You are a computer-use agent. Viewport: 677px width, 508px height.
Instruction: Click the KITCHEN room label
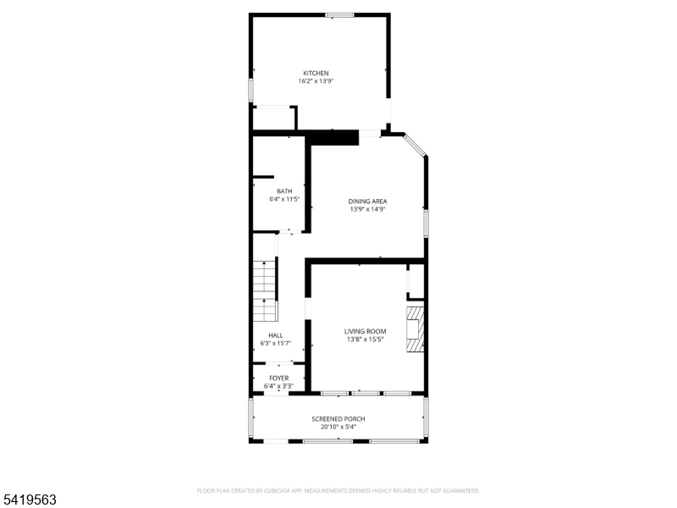pos(316,74)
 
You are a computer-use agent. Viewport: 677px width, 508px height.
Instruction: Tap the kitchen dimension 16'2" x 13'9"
pos(316,81)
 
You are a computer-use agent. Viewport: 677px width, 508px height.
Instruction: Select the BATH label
pos(284,191)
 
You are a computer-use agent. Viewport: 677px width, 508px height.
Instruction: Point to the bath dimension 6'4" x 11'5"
pos(284,200)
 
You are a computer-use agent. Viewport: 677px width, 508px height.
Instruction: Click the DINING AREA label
pos(367,202)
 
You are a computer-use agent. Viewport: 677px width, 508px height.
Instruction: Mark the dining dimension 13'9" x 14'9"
pos(367,209)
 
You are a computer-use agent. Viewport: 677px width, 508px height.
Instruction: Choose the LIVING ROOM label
pos(366,331)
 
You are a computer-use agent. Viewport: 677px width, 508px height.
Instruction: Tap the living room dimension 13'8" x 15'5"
pos(366,340)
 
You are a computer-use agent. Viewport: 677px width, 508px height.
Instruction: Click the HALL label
pos(276,335)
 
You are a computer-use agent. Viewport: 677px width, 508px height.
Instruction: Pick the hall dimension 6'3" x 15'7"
pos(276,344)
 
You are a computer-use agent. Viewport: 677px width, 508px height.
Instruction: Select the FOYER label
pos(279,378)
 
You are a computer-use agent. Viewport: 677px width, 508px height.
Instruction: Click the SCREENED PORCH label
pos(338,419)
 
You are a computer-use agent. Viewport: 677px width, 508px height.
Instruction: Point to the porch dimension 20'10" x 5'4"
pos(338,428)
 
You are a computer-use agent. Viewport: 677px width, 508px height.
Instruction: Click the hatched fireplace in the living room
pos(415,329)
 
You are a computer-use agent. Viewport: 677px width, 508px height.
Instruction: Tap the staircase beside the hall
pos(264,291)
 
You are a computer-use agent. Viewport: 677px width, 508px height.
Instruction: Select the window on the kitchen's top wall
pos(340,15)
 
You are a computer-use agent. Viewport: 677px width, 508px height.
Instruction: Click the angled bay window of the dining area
pos(415,145)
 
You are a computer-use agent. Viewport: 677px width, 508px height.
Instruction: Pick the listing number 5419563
pos(28,500)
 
